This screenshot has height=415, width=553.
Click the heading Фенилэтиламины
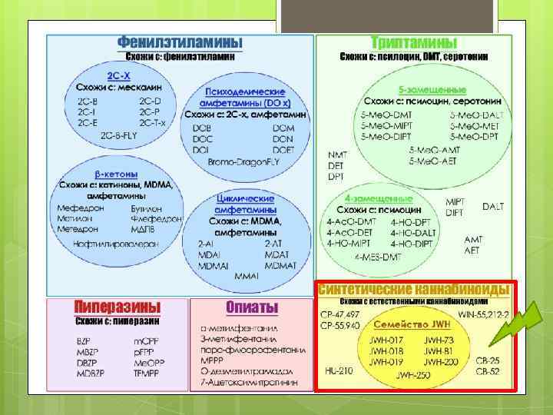(180, 42)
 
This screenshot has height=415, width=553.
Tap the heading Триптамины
(414, 42)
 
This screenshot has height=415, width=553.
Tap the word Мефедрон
(78, 207)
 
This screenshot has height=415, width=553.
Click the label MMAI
(247, 275)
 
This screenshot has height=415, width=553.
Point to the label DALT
(493, 207)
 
